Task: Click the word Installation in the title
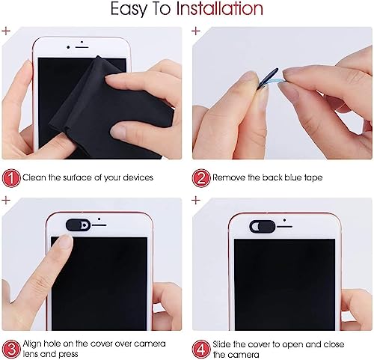click(x=220, y=9)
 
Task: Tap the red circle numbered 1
click(x=11, y=178)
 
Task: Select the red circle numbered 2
click(x=201, y=178)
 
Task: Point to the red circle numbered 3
click(x=11, y=349)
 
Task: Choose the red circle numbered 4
click(x=201, y=349)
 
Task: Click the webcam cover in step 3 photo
click(x=78, y=225)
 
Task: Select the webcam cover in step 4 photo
click(x=263, y=227)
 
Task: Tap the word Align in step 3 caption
click(x=32, y=344)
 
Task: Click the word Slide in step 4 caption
click(x=222, y=344)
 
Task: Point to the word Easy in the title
click(x=129, y=10)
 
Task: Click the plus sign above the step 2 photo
click(x=196, y=31)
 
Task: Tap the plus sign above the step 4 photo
click(x=196, y=200)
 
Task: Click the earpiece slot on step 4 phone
click(x=284, y=227)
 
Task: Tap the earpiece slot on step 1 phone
click(x=82, y=47)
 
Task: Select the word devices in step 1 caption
click(x=138, y=177)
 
